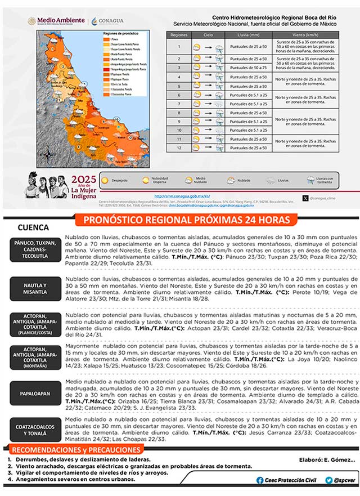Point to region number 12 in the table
click(178, 148)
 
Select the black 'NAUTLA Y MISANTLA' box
click(35, 289)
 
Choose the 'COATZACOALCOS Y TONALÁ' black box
click(35, 430)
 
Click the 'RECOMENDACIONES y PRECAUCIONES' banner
click(76, 450)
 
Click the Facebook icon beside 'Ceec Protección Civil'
click(259, 480)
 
